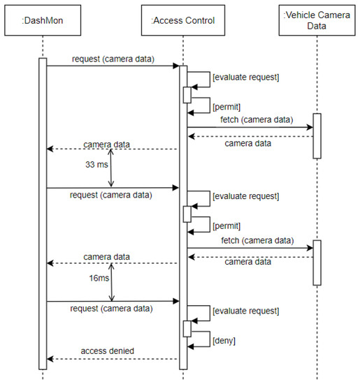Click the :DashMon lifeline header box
click(43, 20)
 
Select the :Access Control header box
click(182, 20)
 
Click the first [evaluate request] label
click(245, 77)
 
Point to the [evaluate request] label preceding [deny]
click(245, 310)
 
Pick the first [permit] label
click(226, 108)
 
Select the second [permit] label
click(226, 226)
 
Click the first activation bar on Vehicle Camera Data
click(317, 135)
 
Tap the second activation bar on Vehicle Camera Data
click(317, 262)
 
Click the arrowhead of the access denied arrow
click(50, 358)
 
